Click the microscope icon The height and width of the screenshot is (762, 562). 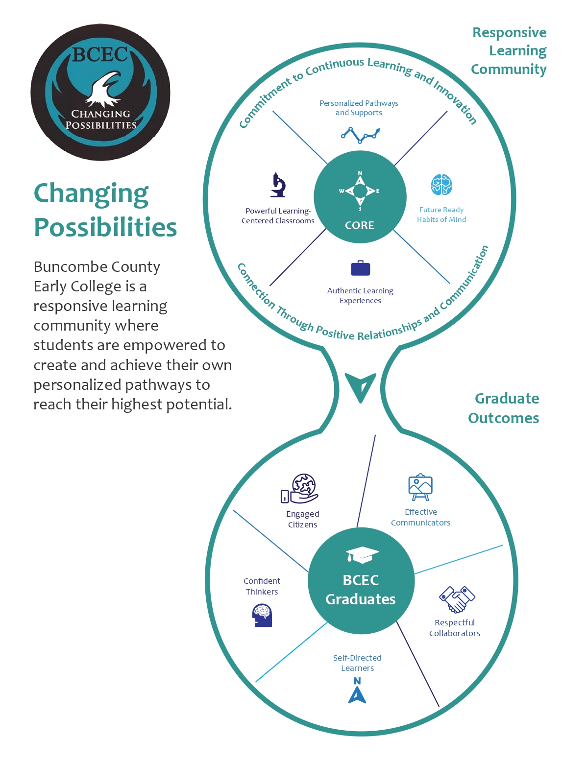(278, 185)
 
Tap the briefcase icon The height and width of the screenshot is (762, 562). (360, 268)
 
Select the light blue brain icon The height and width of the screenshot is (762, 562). (441, 185)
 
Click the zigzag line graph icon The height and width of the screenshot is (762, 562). (360, 135)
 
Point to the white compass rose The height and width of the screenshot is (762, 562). (360, 191)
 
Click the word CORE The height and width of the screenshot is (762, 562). (360, 225)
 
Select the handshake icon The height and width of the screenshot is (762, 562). (457, 599)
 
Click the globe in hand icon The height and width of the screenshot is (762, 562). (299, 488)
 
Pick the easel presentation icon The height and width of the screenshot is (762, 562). (420, 487)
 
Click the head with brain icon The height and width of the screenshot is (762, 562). (262, 615)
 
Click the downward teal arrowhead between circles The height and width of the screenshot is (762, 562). (361, 387)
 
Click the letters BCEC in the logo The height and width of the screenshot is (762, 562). (100, 54)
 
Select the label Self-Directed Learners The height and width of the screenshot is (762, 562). (357, 663)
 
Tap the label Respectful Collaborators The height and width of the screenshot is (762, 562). (454, 628)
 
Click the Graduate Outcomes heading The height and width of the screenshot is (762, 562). (504, 408)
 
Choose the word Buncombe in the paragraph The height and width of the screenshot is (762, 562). (68, 267)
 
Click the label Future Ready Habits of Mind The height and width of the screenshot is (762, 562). (441, 214)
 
